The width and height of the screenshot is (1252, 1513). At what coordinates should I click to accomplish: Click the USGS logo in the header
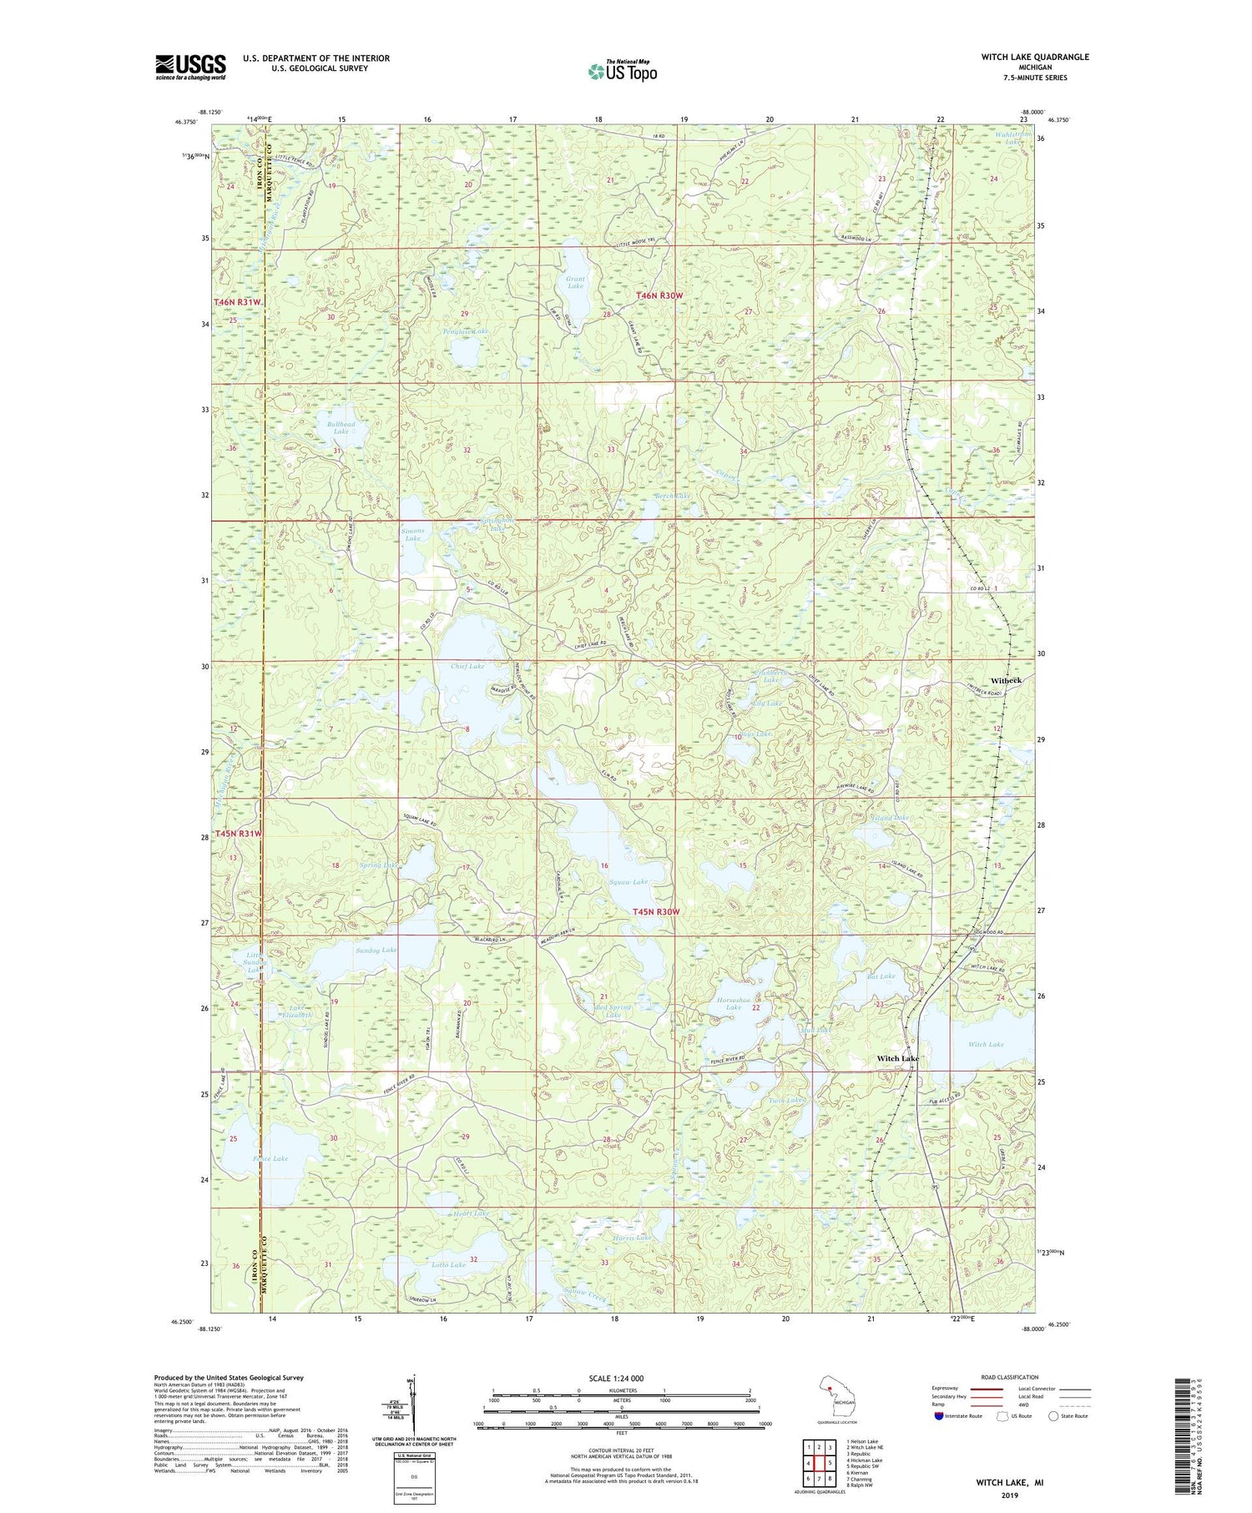(x=190, y=67)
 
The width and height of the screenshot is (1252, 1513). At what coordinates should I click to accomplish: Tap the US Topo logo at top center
(x=623, y=71)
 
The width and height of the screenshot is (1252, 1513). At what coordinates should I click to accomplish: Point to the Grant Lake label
(x=575, y=282)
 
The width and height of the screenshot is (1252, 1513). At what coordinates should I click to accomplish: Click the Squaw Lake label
(x=629, y=881)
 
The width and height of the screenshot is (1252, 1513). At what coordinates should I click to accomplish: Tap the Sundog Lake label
(x=376, y=950)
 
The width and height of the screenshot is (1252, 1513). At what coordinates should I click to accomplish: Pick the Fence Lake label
(x=270, y=1158)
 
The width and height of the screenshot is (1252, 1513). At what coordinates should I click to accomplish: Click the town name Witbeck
(x=1006, y=680)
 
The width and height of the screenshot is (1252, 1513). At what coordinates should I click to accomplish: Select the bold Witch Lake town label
(x=897, y=1058)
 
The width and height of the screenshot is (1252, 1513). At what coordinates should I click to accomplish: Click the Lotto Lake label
(x=448, y=1264)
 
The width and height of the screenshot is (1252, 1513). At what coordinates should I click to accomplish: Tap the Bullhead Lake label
(x=341, y=427)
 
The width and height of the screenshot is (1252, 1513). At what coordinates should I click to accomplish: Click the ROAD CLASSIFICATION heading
(x=1010, y=1377)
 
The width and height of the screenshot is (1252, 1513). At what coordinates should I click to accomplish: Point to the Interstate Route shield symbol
(x=939, y=1416)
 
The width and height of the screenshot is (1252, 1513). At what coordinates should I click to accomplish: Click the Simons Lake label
(x=412, y=534)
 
